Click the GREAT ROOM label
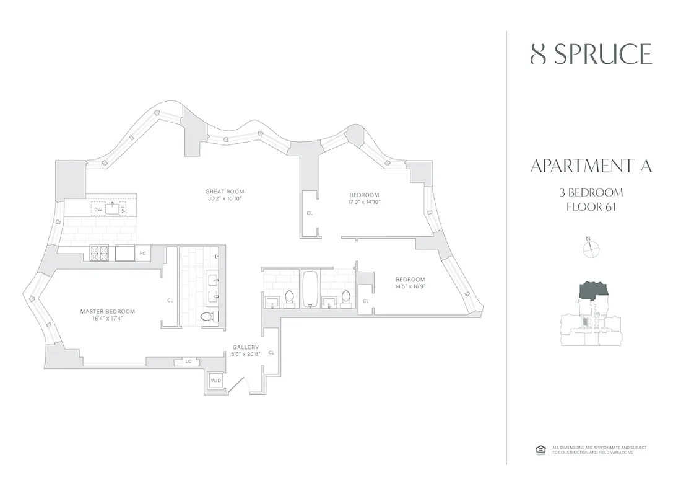(225, 192)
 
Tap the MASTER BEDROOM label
(107, 311)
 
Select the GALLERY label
(245, 347)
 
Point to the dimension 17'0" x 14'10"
(364, 202)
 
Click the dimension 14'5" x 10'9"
(410, 286)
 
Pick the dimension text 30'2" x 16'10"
(225, 199)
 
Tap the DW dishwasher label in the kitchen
(98, 210)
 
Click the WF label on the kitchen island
(123, 210)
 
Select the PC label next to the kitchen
(142, 253)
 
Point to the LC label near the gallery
(188, 361)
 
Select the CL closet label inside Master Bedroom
(170, 300)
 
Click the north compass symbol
(592, 248)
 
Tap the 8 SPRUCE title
(591, 55)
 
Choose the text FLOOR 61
(591, 206)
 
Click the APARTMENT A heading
(591, 166)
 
